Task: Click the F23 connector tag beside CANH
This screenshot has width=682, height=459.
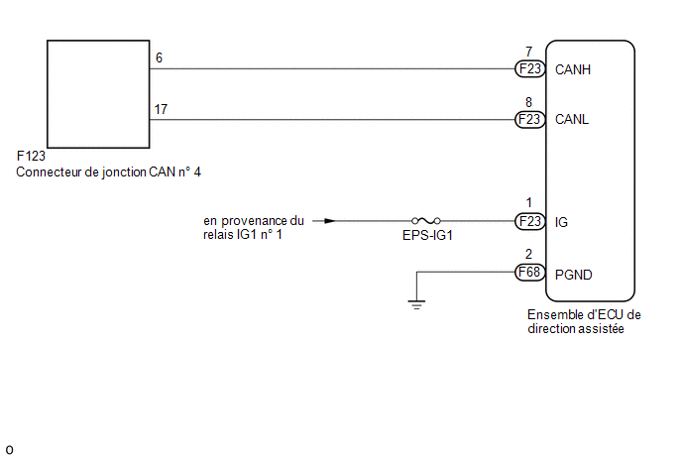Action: click(x=529, y=68)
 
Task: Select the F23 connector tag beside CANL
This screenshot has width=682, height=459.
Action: click(x=529, y=119)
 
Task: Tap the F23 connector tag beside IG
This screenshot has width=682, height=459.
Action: click(x=529, y=221)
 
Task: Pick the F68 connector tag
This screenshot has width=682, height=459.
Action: click(x=529, y=273)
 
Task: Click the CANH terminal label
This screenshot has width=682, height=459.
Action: click(x=573, y=69)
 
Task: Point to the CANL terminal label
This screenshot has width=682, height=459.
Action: click(x=572, y=119)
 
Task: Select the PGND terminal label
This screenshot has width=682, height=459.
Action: click(x=574, y=275)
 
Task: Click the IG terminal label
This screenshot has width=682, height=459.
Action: click(x=561, y=222)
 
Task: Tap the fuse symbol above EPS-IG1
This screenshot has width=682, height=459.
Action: click(x=426, y=221)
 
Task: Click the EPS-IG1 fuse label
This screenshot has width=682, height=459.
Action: click(x=427, y=235)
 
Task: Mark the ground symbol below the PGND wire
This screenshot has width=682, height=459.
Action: click(x=416, y=304)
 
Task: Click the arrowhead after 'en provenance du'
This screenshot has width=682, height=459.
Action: click(x=330, y=221)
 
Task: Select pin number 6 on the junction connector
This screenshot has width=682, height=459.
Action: click(x=160, y=57)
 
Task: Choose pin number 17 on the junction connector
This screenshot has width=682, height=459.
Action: click(x=161, y=109)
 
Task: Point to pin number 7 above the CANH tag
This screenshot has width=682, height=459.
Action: click(x=529, y=52)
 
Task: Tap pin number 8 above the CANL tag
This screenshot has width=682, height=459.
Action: click(x=529, y=102)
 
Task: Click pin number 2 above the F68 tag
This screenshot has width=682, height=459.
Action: click(x=529, y=254)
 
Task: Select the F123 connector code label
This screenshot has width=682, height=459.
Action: click(x=31, y=156)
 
